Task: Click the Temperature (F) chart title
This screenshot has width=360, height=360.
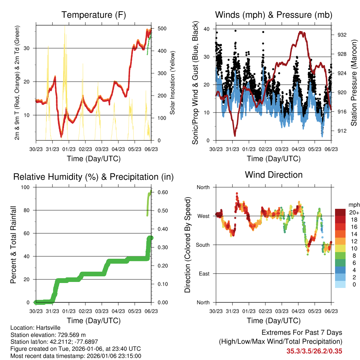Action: pyautogui.click(x=94, y=15)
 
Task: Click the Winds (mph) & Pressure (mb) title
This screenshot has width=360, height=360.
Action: pyautogui.click(x=274, y=15)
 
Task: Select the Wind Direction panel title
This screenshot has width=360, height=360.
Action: pyautogui.click(x=274, y=175)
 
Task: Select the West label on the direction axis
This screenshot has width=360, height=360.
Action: pyautogui.click(x=203, y=216)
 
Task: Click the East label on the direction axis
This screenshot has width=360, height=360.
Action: pyautogui.click(x=204, y=274)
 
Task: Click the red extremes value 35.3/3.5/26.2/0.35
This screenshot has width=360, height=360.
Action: pyautogui.click(x=314, y=351)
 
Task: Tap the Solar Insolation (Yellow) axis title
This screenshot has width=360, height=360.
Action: pyautogui.click(x=173, y=83)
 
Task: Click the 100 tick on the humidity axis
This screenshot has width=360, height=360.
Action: pyautogui.click(x=28, y=187)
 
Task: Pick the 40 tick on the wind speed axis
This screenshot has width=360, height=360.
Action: pyautogui.click(x=208, y=29)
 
